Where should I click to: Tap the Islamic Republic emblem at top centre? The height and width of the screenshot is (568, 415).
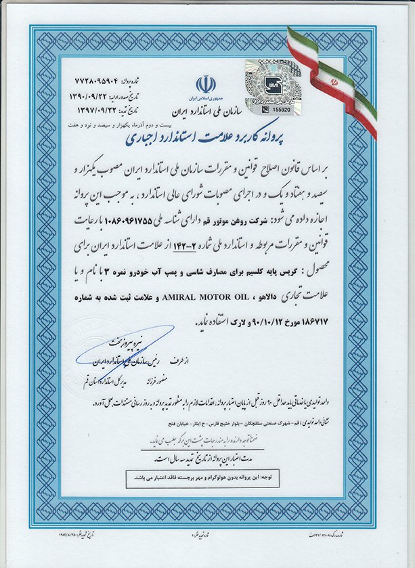(206, 85)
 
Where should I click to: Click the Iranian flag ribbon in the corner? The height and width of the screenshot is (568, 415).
(335, 78)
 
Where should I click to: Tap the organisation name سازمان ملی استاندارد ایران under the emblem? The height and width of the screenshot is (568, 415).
(206, 107)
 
